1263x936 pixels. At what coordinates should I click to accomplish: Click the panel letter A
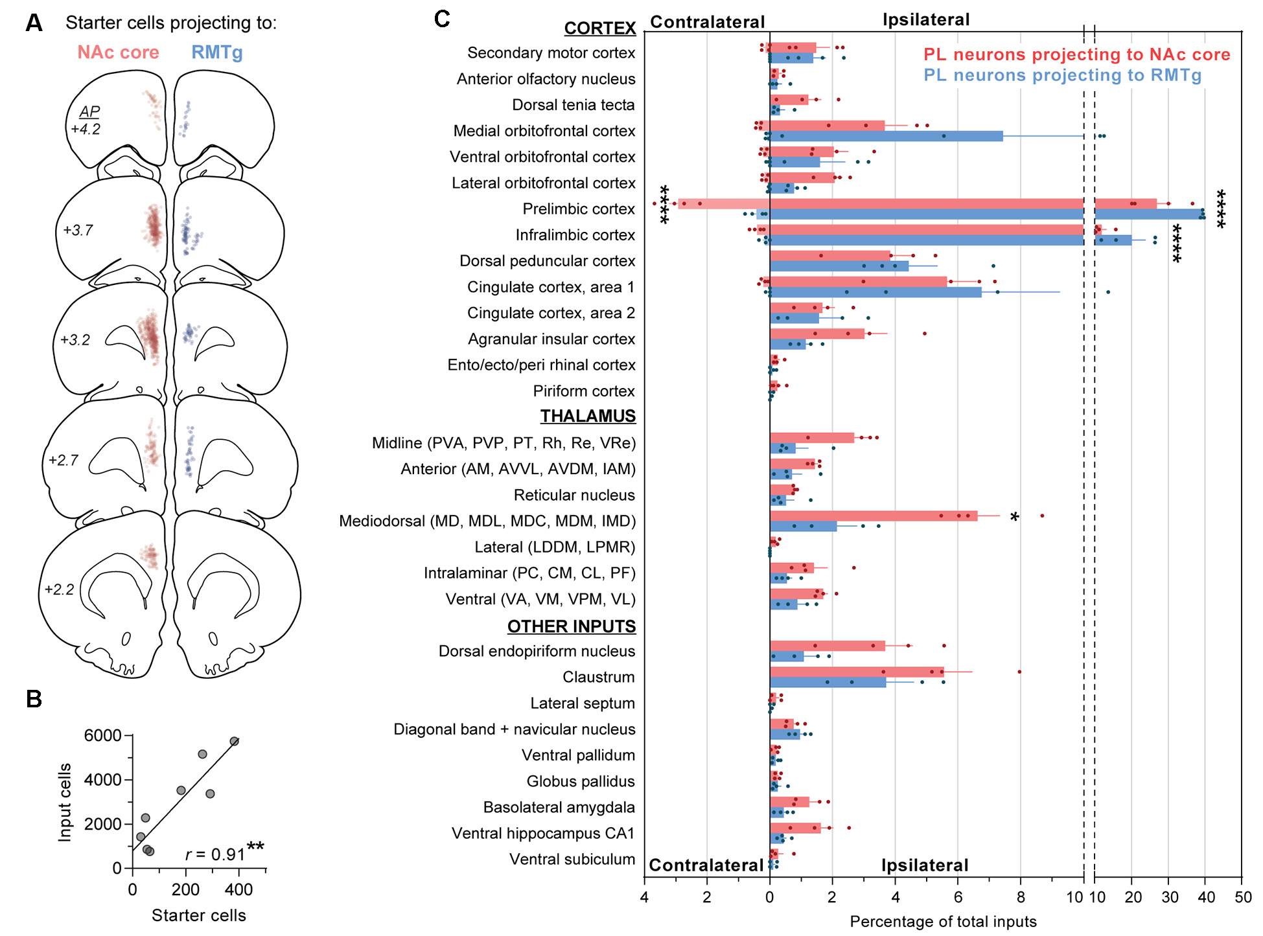(34, 23)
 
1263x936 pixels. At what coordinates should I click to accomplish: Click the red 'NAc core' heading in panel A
(118, 52)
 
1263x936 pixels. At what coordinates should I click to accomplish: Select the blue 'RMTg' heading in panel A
(216, 52)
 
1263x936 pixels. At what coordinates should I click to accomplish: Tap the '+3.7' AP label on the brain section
(78, 230)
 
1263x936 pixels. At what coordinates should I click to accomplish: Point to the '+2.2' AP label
(60, 589)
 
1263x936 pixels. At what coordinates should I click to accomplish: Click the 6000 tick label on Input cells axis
(102, 735)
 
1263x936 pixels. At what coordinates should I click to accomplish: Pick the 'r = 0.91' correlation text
(215, 854)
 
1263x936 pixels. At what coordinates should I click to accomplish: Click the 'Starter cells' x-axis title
(198, 915)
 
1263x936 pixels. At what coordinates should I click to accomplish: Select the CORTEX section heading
(599, 29)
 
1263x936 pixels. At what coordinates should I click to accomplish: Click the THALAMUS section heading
(588, 416)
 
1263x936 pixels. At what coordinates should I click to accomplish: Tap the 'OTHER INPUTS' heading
(571, 626)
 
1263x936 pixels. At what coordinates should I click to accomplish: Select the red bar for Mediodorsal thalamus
(873, 516)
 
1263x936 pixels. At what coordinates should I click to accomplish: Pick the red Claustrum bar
(856, 672)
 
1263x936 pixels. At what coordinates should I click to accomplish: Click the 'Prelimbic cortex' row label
(578, 209)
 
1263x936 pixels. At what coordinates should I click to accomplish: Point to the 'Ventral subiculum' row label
(572, 860)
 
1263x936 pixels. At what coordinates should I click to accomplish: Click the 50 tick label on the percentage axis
(1243, 897)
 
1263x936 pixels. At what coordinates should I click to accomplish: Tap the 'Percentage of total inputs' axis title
(943, 921)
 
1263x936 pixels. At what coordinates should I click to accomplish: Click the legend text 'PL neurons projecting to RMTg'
(1062, 75)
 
